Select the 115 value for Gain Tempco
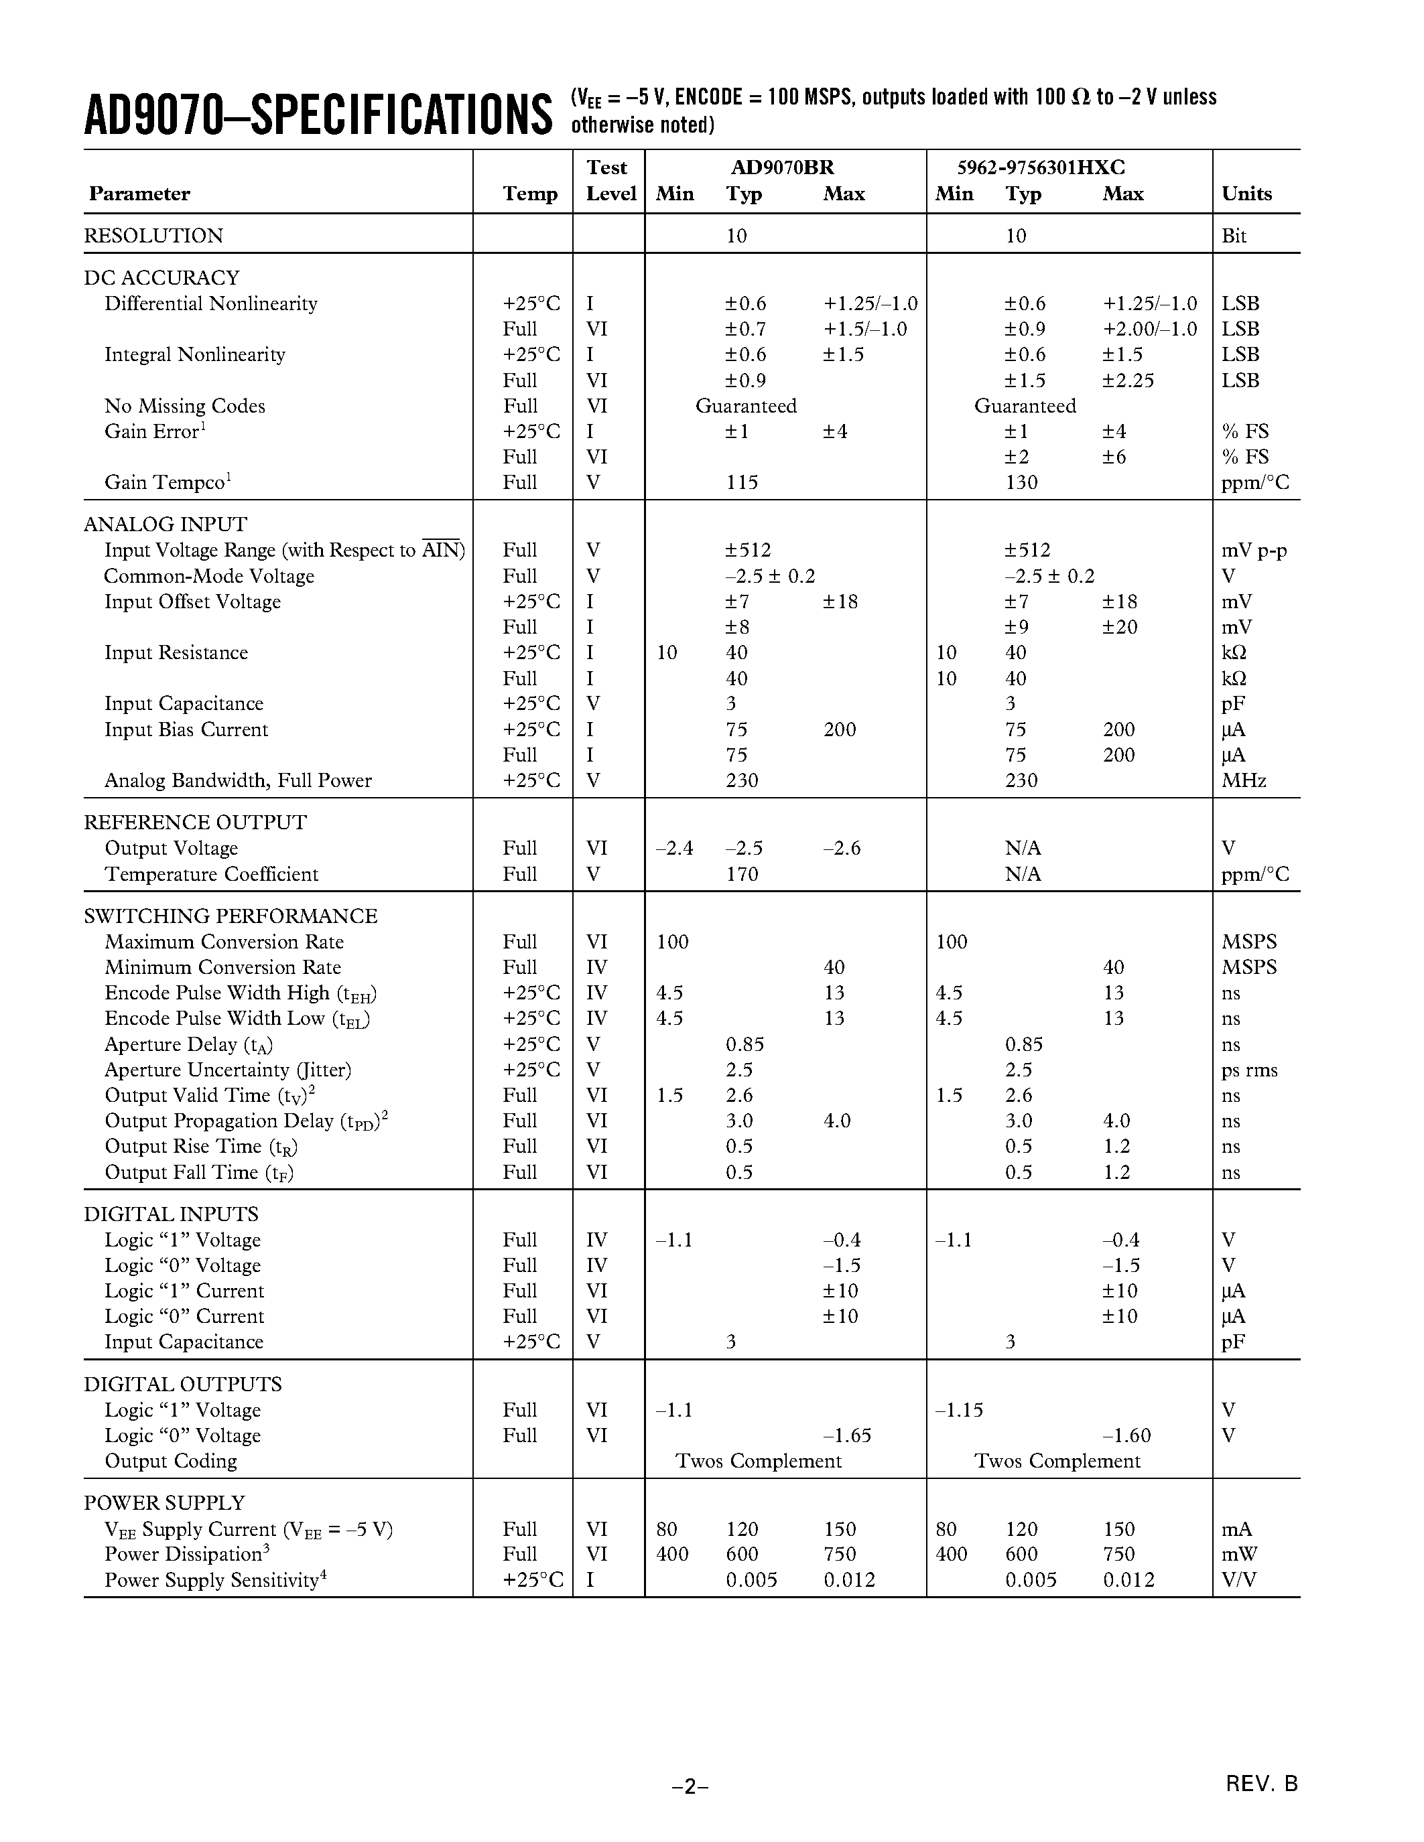742,482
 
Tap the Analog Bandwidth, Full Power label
237,781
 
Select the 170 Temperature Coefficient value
742,875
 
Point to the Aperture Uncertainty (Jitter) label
227,1070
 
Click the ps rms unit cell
1248,1070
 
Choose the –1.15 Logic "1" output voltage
959,1410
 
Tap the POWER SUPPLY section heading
164,1503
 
